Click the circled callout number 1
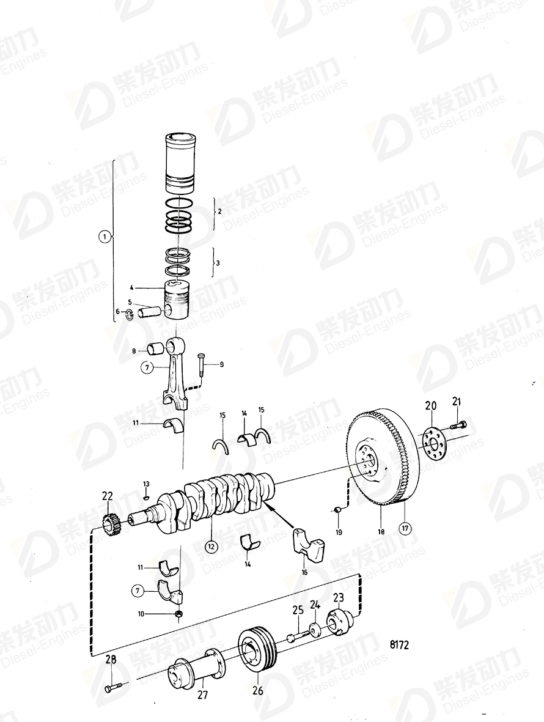coord(105,236)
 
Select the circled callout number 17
coord(403,528)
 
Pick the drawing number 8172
coord(399,644)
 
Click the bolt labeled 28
coord(114,688)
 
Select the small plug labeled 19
coord(337,509)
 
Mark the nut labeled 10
coord(178,613)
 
